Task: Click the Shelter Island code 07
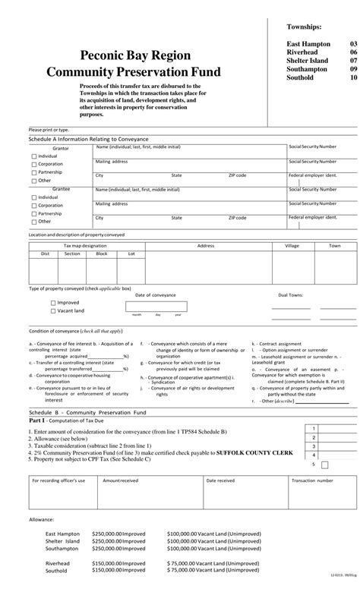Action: click(x=353, y=61)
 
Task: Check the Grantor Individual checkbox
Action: click(x=33, y=156)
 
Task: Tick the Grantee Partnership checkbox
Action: click(x=33, y=213)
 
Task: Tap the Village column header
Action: click(x=292, y=246)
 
